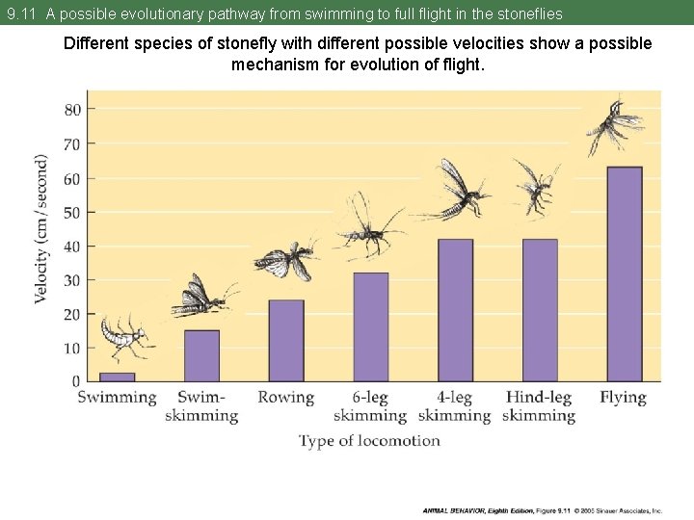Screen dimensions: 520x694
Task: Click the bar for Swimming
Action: click(117, 377)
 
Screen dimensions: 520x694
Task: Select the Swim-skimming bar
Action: click(201, 355)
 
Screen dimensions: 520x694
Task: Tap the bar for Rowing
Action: click(286, 341)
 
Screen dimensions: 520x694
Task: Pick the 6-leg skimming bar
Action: click(371, 327)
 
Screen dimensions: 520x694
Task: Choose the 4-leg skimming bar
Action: click(455, 310)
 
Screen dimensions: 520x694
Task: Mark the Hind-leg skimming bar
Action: click(540, 310)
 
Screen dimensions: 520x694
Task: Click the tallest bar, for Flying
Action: click(625, 274)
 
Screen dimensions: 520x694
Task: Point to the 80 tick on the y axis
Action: click(72, 109)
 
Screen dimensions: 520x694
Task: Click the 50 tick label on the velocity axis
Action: click(72, 212)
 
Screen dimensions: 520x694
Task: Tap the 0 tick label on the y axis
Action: click(76, 381)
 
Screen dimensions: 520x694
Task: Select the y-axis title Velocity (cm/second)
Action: click(42, 229)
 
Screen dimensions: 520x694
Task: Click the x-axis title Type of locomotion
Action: click(369, 441)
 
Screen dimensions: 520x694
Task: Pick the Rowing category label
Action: click(286, 397)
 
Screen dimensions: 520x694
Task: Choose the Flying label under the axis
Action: click(623, 397)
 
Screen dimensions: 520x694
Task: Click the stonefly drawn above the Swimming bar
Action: click(124, 336)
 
